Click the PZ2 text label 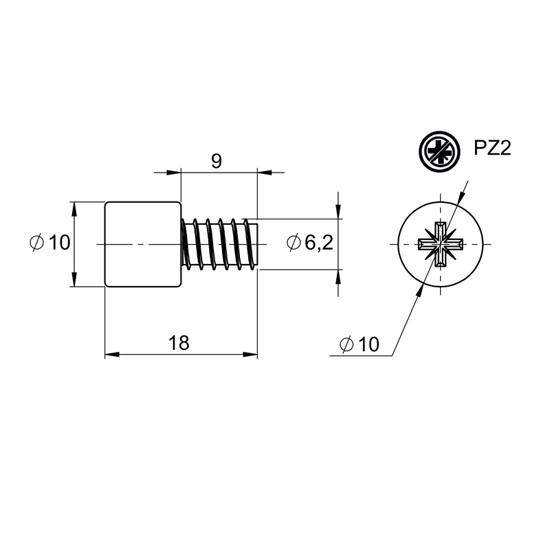pos(492,148)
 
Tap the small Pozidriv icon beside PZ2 pos(439,151)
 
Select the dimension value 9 pos(217,161)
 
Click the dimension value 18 pos(179,342)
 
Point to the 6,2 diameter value pos(319,243)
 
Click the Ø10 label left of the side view pos(50,243)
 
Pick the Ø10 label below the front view pos(360,344)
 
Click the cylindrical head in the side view pos(143,244)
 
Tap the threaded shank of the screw pos(219,244)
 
